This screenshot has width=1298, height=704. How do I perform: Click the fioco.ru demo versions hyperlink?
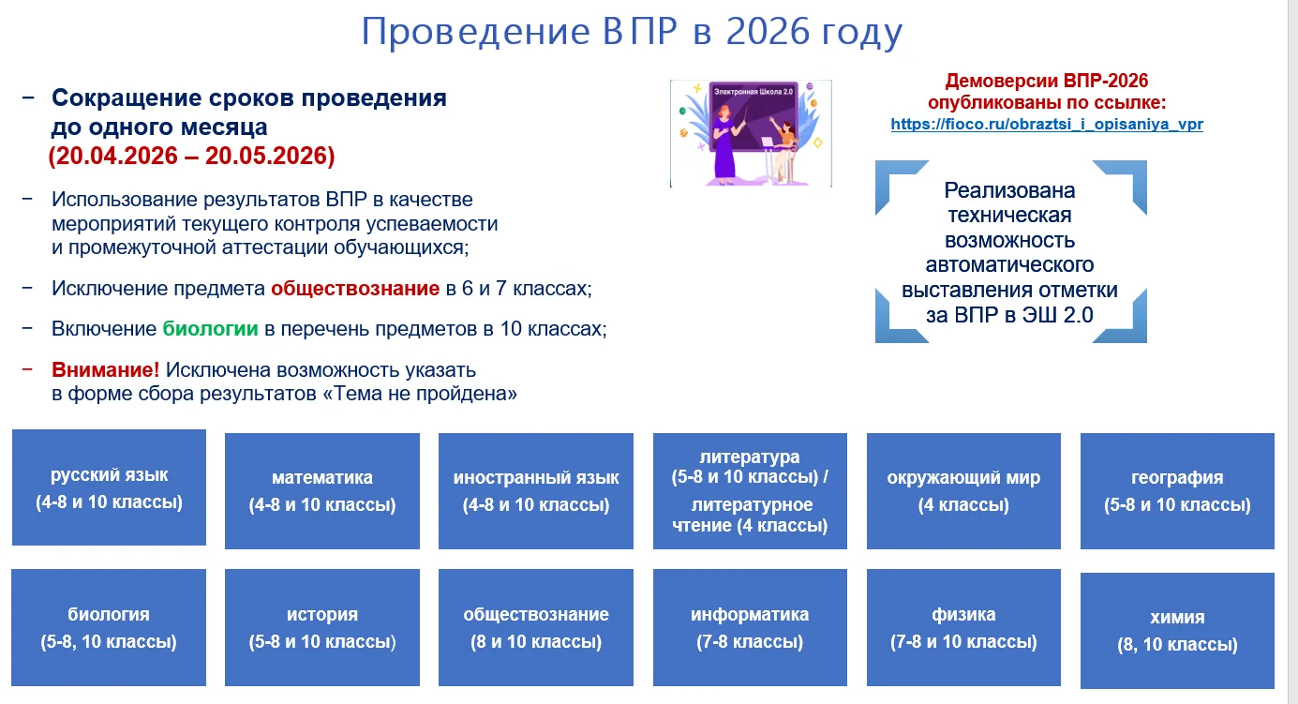(1047, 125)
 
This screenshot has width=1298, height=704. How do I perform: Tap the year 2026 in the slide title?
(768, 31)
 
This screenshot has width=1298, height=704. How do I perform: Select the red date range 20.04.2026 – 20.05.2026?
(192, 156)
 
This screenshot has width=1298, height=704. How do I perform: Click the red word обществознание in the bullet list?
(355, 289)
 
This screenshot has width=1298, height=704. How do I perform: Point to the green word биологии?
(210, 329)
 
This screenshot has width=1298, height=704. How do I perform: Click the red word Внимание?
(106, 369)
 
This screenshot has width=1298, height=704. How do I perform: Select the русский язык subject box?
(109, 487)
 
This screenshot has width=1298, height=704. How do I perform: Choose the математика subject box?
(322, 491)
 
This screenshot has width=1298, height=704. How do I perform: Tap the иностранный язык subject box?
(536, 491)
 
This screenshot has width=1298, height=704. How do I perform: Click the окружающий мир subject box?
(963, 491)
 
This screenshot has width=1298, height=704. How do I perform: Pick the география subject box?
(1177, 491)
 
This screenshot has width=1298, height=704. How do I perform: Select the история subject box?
(322, 627)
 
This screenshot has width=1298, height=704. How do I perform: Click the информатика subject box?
(750, 627)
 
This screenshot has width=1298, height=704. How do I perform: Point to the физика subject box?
(963, 627)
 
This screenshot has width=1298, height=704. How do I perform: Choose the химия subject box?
(1177, 631)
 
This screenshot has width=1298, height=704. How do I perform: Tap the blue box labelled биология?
(109, 627)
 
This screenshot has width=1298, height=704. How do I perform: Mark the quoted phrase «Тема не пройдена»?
(420, 394)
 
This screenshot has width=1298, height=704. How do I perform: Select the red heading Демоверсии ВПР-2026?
(1047, 81)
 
